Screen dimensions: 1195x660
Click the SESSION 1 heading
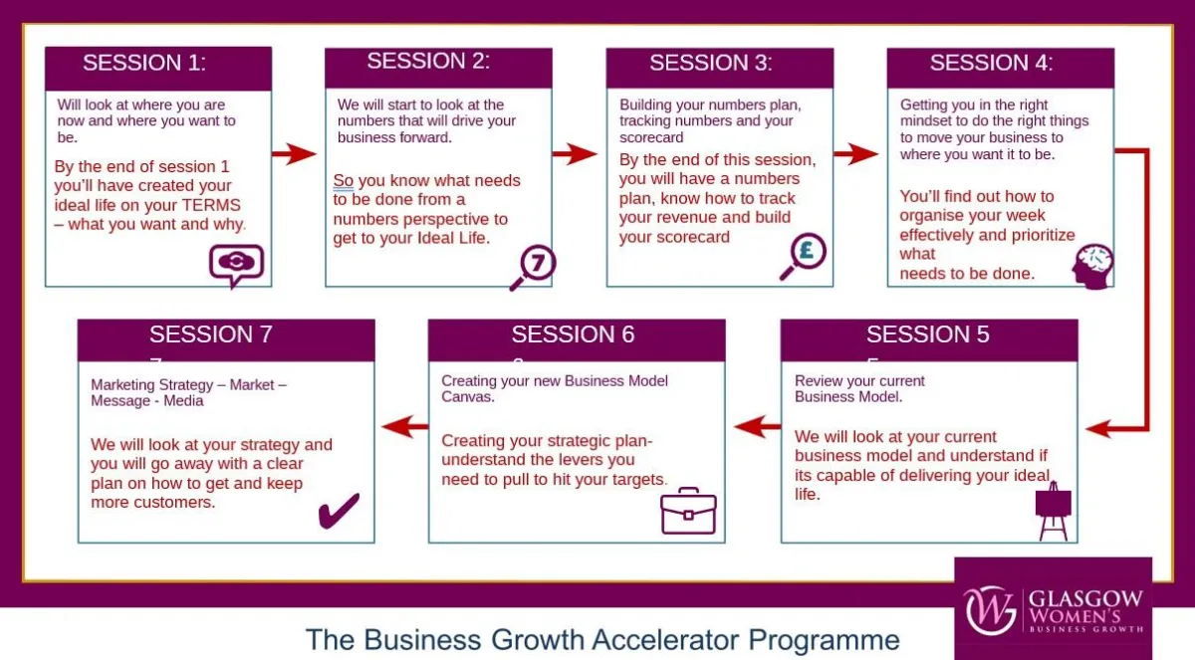click(x=144, y=63)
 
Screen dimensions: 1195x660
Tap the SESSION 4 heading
click(x=991, y=63)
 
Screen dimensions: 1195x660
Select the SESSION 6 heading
click(x=573, y=334)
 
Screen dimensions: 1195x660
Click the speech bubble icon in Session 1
click(x=236, y=265)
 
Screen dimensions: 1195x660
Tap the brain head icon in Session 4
click(x=1093, y=267)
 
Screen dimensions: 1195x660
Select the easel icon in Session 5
click(x=1054, y=511)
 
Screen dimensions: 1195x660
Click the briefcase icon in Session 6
click(x=688, y=511)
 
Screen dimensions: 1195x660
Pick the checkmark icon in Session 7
click(x=339, y=511)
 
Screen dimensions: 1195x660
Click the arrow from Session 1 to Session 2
click(x=294, y=154)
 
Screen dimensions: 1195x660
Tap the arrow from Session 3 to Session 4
click(x=856, y=154)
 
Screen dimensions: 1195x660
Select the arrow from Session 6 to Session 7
click(x=405, y=426)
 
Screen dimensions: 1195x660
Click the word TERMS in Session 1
click(x=211, y=205)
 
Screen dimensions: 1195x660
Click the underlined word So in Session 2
click(x=343, y=181)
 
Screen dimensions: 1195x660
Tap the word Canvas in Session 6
click(x=466, y=397)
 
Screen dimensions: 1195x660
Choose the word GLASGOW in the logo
click(x=1085, y=598)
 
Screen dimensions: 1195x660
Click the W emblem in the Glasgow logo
click(x=990, y=611)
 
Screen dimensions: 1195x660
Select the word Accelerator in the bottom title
click(x=665, y=639)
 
